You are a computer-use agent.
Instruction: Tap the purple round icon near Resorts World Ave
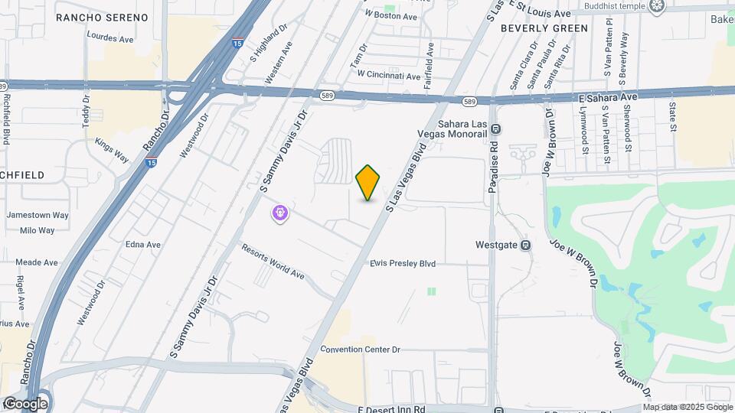(281, 213)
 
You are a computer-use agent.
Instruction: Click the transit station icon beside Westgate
(526, 246)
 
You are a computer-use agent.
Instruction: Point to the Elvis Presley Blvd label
(403, 264)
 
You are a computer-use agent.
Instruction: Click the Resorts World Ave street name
(273, 261)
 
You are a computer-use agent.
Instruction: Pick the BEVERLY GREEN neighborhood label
(544, 28)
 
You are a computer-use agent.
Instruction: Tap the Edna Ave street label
(143, 245)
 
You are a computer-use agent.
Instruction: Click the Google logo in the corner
(25, 403)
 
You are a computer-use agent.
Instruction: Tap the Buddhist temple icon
(656, 6)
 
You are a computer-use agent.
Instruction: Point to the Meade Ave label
(37, 262)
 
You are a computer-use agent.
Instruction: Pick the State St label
(673, 117)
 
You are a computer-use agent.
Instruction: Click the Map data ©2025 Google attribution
(688, 407)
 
